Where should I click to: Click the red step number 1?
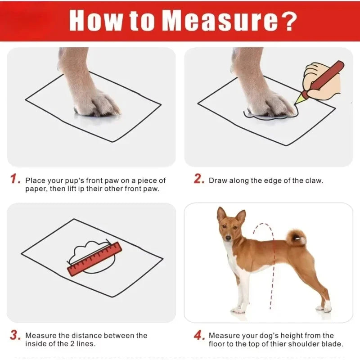(x=15, y=180)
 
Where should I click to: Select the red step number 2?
(x=199, y=179)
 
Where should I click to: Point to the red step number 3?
(x=15, y=335)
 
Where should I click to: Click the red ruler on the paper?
(x=94, y=259)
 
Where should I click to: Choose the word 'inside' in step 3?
(x=36, y=344)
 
